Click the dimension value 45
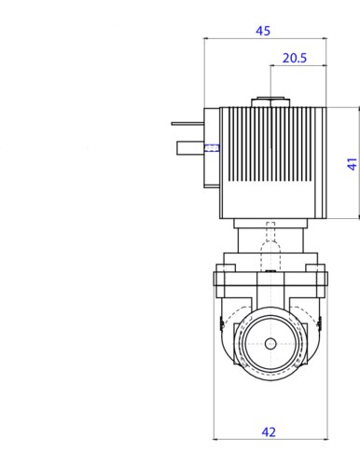pyautogui.click(x=263, y=31)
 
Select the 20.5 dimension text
pyautogui.click(x=295, y=58)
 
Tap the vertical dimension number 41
pyautogui.click(x=352, y=164)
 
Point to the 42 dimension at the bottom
pyautogui.click(x=269, y=432)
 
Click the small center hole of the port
pyautogui.click(x=270, y=344)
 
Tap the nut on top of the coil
pyautogui.click(x=270, y=103)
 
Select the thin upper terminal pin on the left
pyautogui.click(x=187, y=124)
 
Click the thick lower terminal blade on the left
pyautogui.click(x=190, y=148)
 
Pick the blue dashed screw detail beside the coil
pyautogui.click(x=212, y=148)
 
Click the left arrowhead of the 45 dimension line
pyautogui.click(x=205, y=38)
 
